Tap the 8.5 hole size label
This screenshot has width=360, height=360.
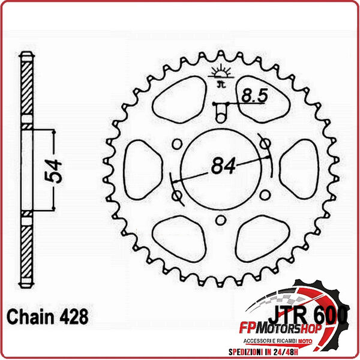coord(253,94)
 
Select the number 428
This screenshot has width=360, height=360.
coord(76,316)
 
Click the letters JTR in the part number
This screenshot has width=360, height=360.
coord(283,314)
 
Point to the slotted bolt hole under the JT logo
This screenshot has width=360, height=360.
coord(220,110)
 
